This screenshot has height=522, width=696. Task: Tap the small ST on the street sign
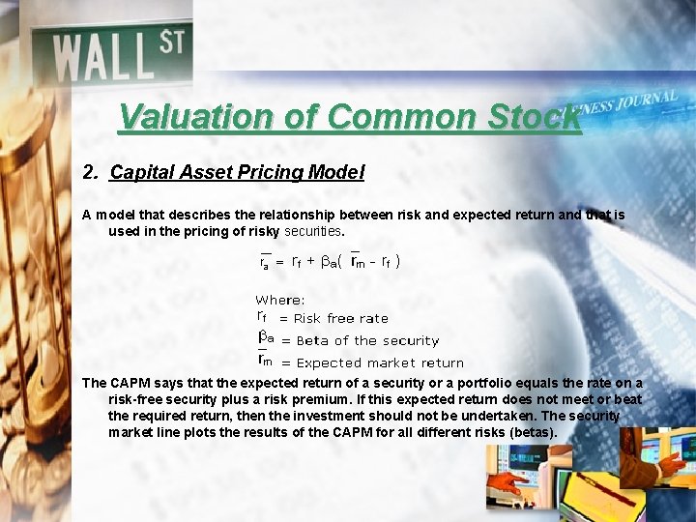point(171,43)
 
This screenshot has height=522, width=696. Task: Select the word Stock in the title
point(533,118)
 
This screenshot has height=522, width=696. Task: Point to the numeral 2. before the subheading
point(91,173)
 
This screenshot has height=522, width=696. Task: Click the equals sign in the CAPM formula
point(280,262)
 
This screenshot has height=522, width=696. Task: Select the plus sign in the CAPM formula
point(311,261)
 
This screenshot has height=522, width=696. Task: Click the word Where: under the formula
point(280,301)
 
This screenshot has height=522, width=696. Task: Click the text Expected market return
point(380,363)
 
